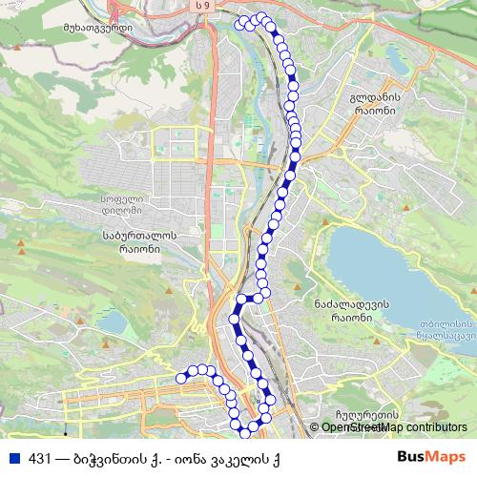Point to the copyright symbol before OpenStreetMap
click(315, 427)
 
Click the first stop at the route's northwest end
click(240, 20)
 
